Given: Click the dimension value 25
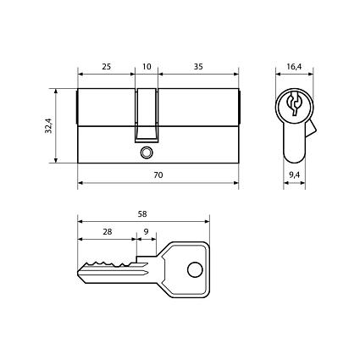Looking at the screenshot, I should click(x=106, y=65).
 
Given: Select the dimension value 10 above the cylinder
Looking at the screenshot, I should click(x=147, y=65).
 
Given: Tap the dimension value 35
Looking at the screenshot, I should click(x=197, y=65).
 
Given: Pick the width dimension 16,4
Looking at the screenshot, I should click(x=294, y=65).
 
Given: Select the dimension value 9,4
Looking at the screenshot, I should click(x=294, y=174).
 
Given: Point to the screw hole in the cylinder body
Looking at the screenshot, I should click(x=147, y=153).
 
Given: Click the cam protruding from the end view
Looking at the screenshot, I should click(x=311, y=130).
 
